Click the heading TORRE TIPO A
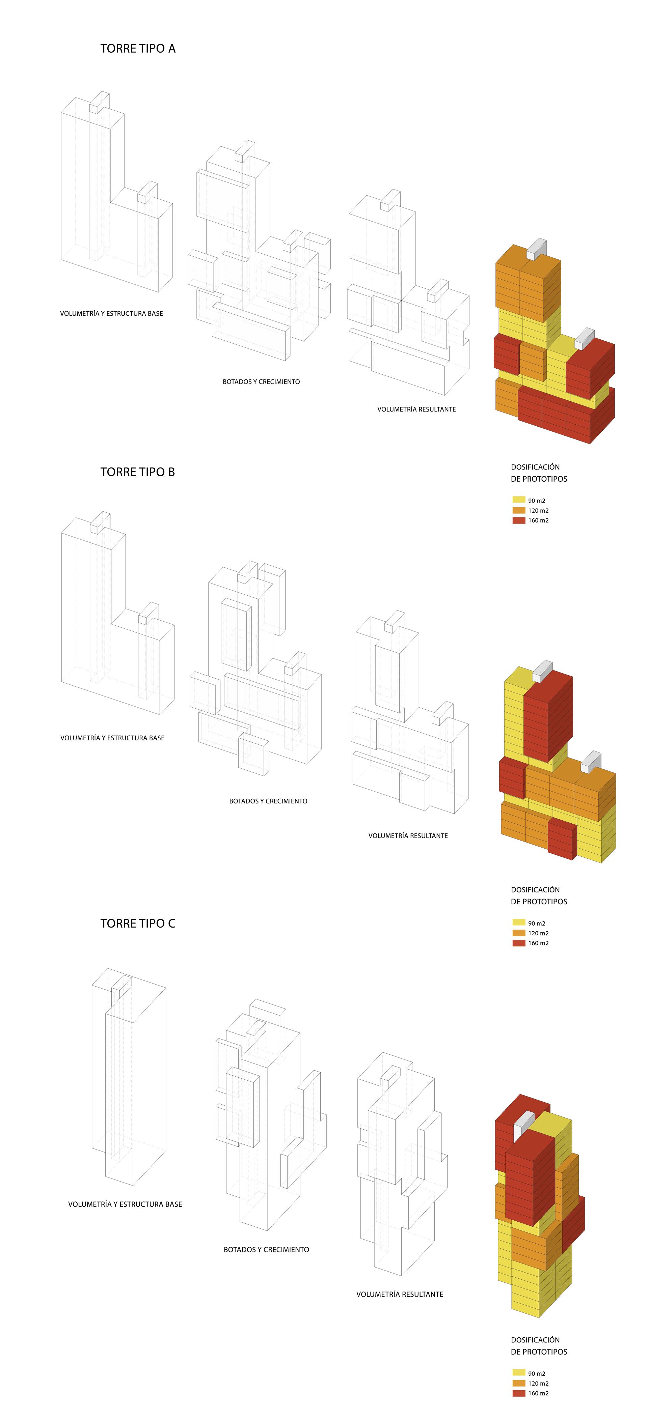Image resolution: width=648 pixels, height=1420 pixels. tap(138, 49)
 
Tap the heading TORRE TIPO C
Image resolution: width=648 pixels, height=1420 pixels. tap(138, 923)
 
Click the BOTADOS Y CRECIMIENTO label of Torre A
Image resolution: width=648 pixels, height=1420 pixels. tap(262, 381)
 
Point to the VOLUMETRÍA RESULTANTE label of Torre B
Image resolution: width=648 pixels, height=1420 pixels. tap(408, 836)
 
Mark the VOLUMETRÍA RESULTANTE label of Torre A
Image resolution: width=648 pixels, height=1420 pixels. tap(416, 409)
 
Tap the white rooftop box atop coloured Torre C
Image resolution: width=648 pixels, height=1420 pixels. tap(524, 1125)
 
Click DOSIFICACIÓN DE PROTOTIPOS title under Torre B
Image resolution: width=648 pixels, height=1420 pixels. tap(539, 896)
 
